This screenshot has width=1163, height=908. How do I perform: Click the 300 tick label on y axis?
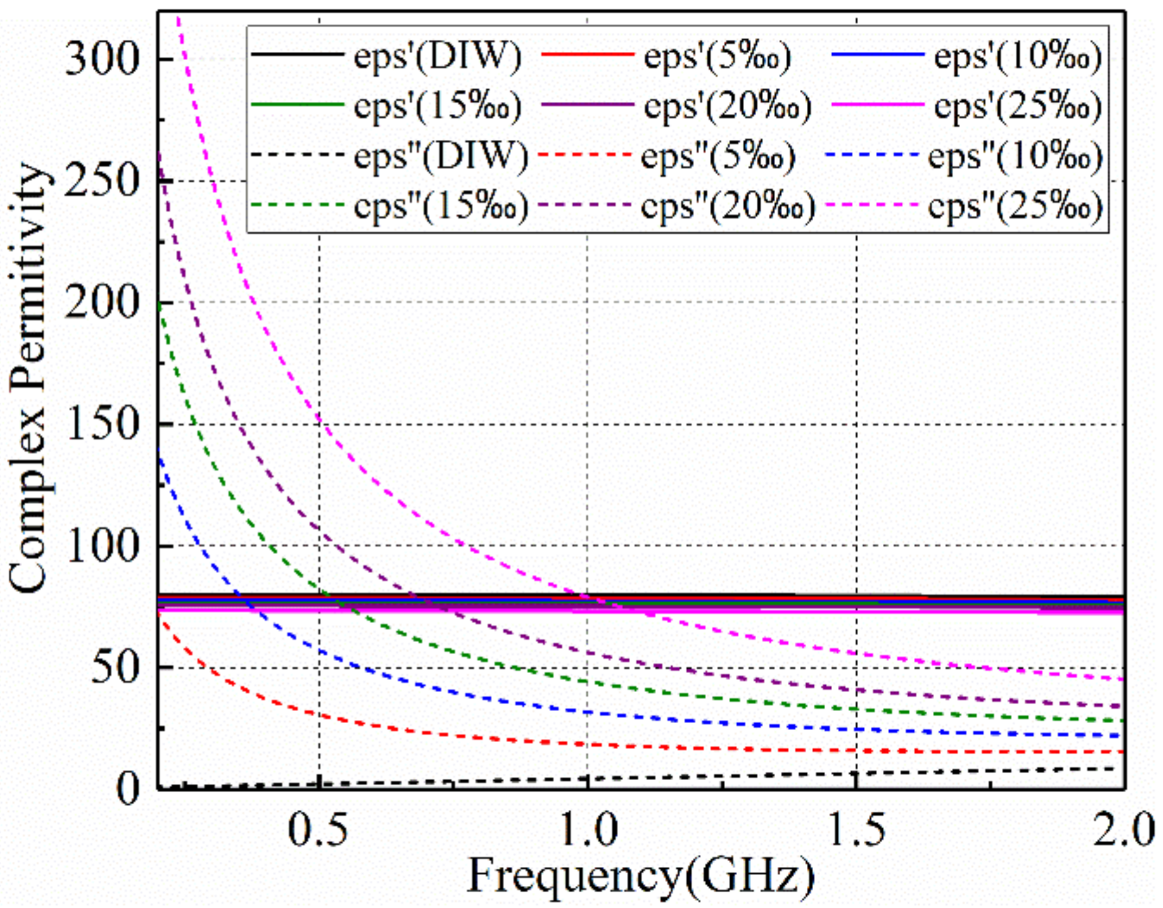point(101,60)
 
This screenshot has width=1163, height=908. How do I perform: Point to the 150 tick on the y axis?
point(101,425)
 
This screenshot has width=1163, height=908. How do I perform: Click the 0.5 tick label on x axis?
point(318,830)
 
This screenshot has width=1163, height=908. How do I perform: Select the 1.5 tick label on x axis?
point(856,830)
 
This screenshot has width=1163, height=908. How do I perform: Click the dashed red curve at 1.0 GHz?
point(588,744)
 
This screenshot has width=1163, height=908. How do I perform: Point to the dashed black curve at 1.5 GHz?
point(856,774)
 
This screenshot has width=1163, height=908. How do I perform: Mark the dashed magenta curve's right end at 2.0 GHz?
point(1122,679)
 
